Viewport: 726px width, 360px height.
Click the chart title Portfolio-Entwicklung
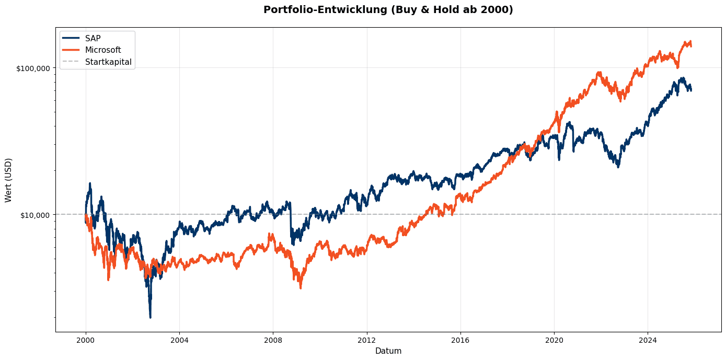click(x=388, y=10)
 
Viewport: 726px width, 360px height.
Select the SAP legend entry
click(x=93, y=38)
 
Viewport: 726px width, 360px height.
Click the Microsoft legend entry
click(x=103, y=50)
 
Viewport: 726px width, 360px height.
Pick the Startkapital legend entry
click(x=108, y=62)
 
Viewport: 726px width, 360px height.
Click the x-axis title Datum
click(x=388, y=351)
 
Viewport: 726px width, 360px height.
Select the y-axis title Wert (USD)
click(x=8, y=180)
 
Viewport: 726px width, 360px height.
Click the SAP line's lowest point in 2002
click(x=150, y=317)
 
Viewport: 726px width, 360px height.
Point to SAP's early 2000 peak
click(x=90, y=183)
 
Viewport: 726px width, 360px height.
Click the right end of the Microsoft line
click(x=691, y=45)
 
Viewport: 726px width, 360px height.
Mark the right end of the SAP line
click(x=691, y=90)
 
